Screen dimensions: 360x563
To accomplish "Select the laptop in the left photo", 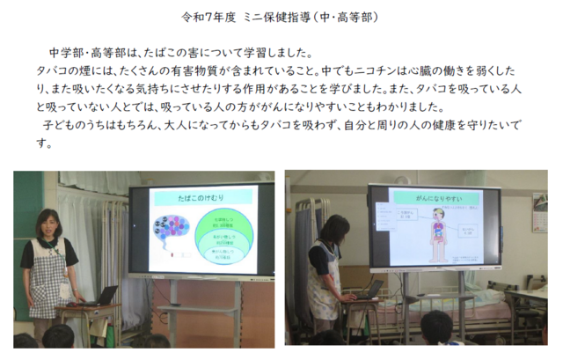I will (x=103, y=296).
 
